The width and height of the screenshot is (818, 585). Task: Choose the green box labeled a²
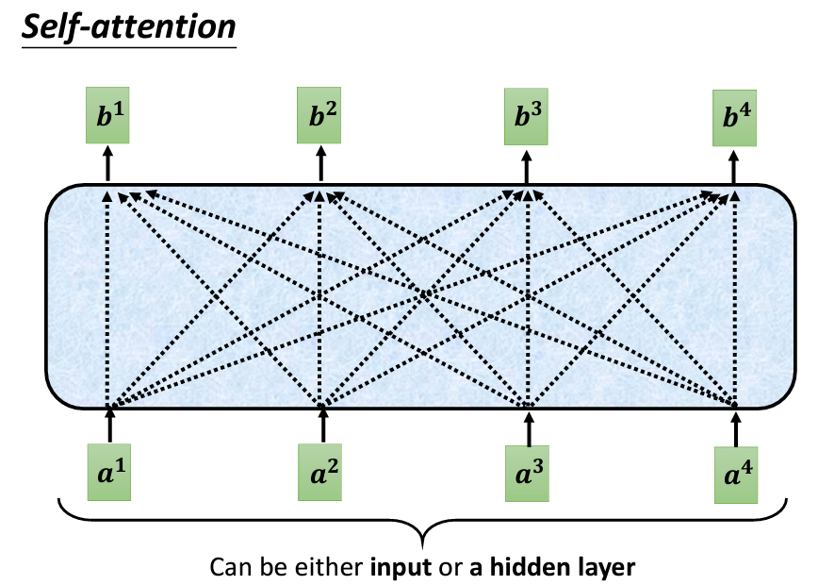[x=322, y=466]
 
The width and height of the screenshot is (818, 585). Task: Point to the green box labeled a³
[x=528, y=468]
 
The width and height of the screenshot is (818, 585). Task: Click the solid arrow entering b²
[x=320, y=165]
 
